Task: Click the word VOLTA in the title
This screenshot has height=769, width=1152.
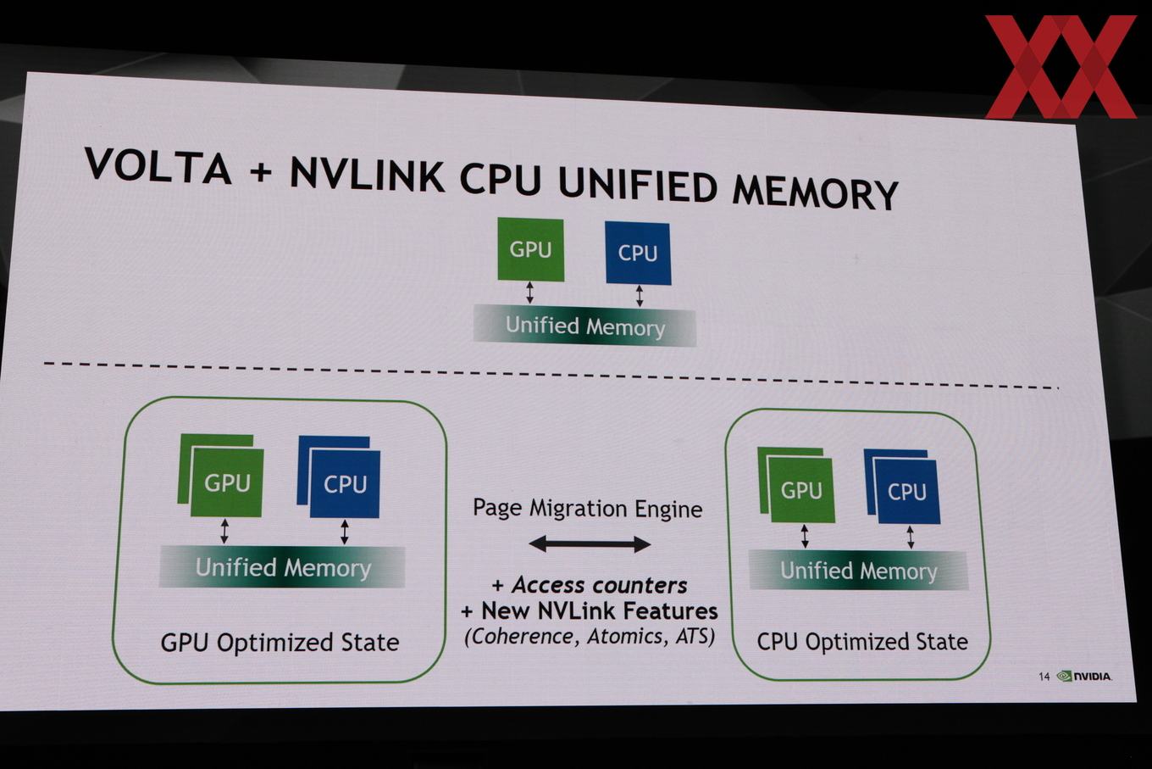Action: click(x=158, y=165)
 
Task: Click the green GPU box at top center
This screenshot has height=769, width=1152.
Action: click(x=531, y=249)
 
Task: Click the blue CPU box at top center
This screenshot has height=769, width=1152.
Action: click(x=638, y=253)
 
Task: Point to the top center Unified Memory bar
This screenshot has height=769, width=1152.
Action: click(x=584, y=326)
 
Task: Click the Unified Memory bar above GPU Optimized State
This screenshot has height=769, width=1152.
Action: click(x=282, y=567)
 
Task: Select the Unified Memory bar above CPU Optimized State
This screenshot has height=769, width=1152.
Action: click(x=858, y=571)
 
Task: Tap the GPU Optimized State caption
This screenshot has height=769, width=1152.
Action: click(x=280, y=643)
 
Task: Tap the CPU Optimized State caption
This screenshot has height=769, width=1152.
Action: click(x=862, y=642)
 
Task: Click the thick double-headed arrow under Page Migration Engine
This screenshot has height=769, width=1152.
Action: click(x=590, y=544)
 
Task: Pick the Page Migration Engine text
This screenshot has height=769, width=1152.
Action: click(x=587, y=509)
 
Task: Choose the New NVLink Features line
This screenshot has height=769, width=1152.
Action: click(x=590, y=611)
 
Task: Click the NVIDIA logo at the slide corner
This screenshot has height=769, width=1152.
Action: click(x=1084, y=677)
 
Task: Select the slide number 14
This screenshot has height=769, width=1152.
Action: click(x=1044, y=677)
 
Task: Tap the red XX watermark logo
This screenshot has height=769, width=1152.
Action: click(x=1061, y=66)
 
